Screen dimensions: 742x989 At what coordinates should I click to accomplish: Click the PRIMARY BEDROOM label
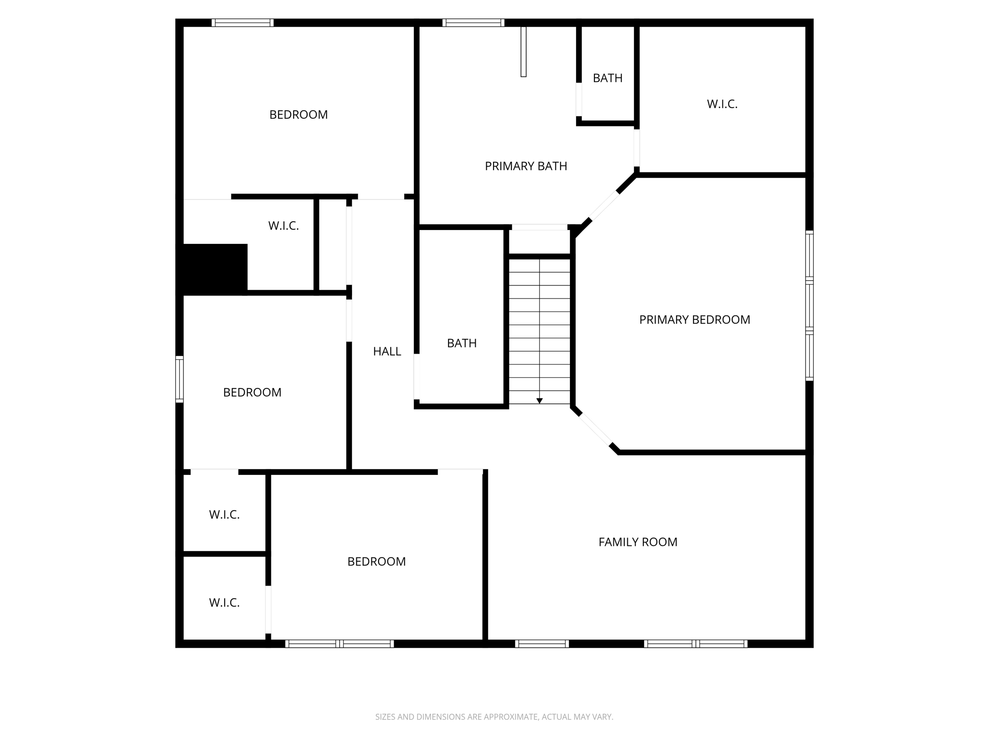point(694,320)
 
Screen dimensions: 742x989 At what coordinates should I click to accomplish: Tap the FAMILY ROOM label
point(637,542)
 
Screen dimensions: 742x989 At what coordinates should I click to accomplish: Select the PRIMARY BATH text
point(526,166)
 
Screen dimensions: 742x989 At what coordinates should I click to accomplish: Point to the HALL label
point(387,352)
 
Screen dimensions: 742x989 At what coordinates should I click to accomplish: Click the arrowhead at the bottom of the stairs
point(539,401)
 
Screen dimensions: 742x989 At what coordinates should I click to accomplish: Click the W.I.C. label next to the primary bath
point(722,104)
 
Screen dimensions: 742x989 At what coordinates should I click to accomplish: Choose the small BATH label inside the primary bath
point(608,78)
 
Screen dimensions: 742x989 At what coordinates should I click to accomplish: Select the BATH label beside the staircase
point(462,343)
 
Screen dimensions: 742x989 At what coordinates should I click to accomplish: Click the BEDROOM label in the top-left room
point(298,115)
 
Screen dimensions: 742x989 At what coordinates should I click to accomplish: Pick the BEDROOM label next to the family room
point(376,562)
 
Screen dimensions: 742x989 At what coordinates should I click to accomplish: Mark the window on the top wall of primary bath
point(473,23)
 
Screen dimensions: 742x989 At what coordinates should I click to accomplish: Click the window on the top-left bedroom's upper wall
point(242,23)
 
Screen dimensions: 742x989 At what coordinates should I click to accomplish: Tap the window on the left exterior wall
point(179,379)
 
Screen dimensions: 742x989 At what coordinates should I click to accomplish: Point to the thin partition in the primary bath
point(523,52)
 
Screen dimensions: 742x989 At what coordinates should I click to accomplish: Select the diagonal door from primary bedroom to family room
point(595,429)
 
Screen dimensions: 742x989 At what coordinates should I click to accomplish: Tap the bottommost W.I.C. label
point(224,603)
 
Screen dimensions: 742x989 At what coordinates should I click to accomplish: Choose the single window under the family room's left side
point(542,643)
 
